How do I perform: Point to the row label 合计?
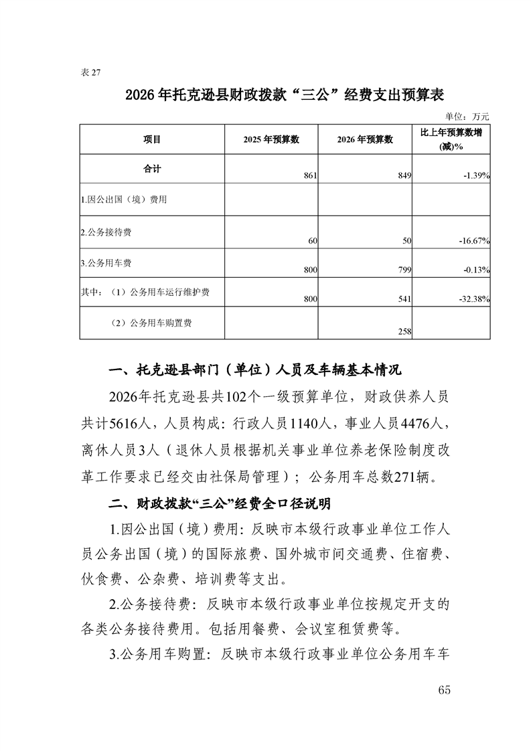click(x=152, y=169)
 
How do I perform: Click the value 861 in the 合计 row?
click(x=309, y=175)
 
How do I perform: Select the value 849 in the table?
click(x=404, y=175)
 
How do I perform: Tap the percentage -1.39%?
click(x=477, y=175)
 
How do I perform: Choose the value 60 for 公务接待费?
click(x=312, y=240)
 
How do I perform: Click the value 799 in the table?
click(x=404, y=270)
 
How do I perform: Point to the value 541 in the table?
click(x=404, y=301)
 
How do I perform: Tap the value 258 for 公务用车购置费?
click(x=404, y=331)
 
